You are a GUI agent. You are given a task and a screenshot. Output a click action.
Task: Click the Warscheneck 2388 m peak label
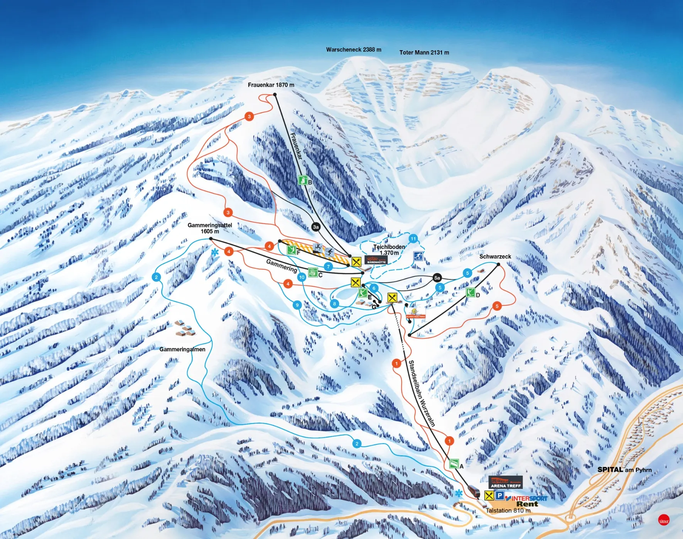tap(353, 49)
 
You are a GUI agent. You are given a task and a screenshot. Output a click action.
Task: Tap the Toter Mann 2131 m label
tap(424, 53)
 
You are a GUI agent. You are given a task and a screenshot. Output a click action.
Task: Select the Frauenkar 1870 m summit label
tap(271, 85)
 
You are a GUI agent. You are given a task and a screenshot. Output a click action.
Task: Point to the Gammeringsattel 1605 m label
tap(210, 228)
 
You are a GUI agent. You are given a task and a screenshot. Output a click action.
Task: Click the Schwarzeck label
tap(495, 256)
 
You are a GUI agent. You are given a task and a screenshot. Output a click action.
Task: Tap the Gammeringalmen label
tap(182, 349)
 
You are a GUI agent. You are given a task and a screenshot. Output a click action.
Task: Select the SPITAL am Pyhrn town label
tap(624, 470)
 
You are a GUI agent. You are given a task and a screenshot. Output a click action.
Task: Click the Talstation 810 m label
tap(508, 510)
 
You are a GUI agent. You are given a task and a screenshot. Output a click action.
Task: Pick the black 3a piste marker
tap(316, 227)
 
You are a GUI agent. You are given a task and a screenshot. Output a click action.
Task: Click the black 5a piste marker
tap(437, 278)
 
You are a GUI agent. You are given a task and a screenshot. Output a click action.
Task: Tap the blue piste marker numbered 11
tap(413, 239)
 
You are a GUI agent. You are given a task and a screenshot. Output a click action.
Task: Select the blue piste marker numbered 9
tap(297, 305)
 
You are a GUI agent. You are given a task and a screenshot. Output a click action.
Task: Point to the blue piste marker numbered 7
tap(328, 266)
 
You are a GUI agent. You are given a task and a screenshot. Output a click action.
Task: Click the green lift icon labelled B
tap(303, 180)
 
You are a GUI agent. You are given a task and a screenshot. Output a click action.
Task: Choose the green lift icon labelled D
tap(470, 292)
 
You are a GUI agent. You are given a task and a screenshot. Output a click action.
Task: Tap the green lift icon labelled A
tap(454, 463)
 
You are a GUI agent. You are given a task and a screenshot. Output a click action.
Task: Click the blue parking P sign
tap(499, 495)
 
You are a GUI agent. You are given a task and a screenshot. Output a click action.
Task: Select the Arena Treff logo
tap(506, 483)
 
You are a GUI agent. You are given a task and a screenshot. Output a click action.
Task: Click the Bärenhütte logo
tap(376, 260)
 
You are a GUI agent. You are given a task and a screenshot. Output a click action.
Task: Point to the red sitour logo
tap(664, 520)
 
